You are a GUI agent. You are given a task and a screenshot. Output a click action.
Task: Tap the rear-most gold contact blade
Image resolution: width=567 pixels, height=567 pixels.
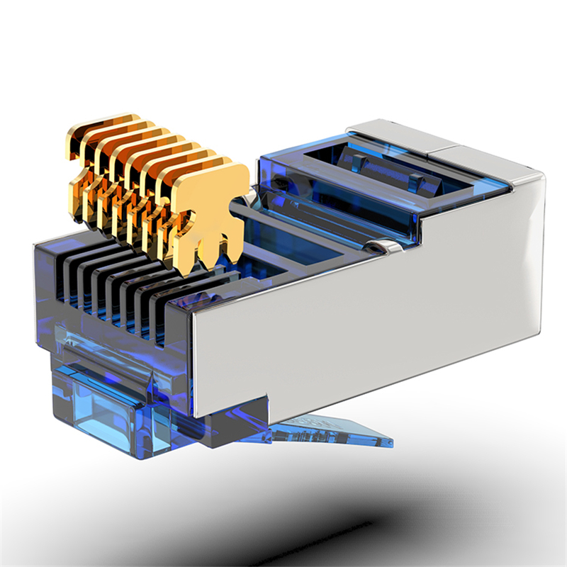92,128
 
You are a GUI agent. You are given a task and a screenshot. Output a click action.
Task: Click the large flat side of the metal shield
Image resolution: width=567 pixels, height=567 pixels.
369,312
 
